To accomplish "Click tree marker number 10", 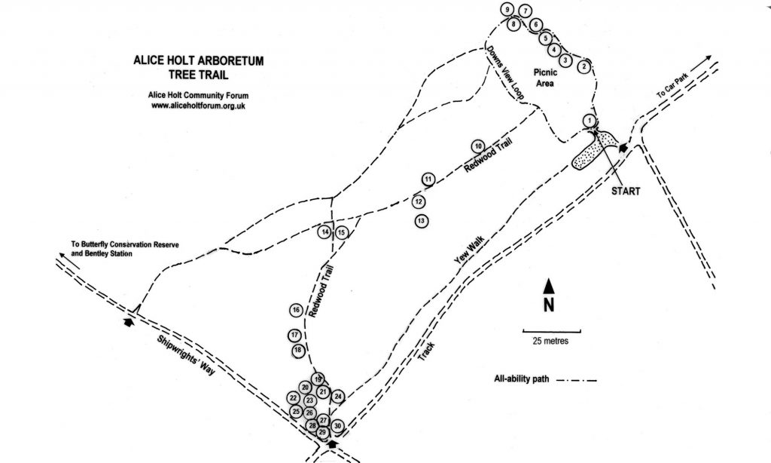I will coord(477,146).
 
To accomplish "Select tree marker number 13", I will coord(422,221).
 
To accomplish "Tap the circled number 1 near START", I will coord(590,121).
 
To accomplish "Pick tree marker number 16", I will coord(296,311).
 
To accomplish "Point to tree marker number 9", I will coord(509,9).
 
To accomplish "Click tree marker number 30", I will coord(338,426).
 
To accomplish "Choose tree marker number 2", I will coord(583,67).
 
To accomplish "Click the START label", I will coord(626,192).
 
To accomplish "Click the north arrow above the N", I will coord(550,286).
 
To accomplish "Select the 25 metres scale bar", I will coord(552,331).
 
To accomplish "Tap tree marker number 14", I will coord(325,232).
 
